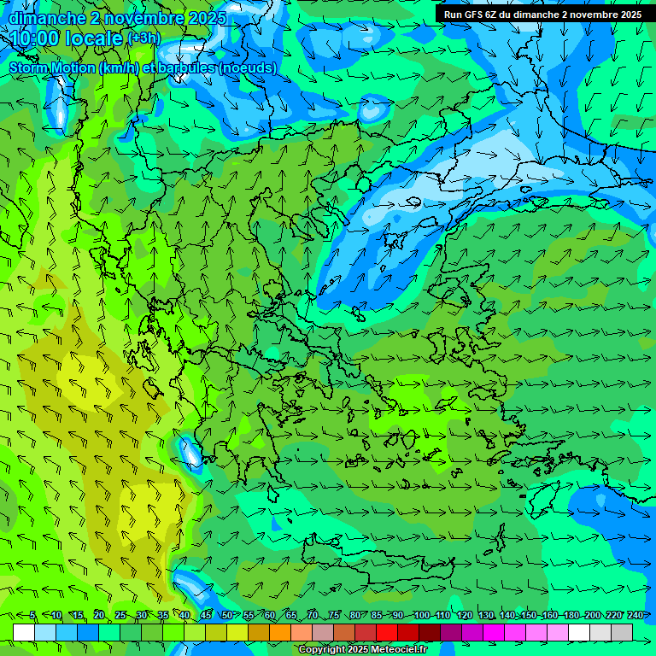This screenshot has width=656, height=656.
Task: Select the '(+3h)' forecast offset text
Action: pyautogui.click(x=143, y=38)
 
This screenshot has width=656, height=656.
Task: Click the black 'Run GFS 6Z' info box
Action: pyautogui.click(x=542, y=15)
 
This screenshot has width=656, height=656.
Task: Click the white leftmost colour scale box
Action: pyautogui.click(x=24, y=632)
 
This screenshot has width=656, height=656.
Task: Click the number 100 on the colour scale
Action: pyautogui.click(x=421, y=615)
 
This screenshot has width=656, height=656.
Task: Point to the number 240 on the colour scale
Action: pyautogui.click(x=635, y=615)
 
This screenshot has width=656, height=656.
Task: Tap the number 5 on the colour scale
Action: pyautogui.click(x=32, y=615)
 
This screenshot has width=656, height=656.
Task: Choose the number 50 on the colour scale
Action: pyautogui.click(x=226, y=615)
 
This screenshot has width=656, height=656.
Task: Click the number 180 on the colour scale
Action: pyautogui.click(x=571, y=615)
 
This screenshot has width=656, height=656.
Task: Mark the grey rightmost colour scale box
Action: pyautogui.click(x=622, y=632)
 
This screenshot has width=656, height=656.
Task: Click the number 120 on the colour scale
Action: pyautogui.click(x=464, y=615)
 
